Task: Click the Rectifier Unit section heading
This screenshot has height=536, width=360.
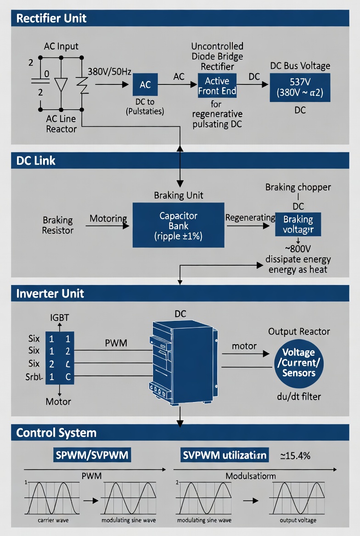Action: pyautogui.click(x=51, y=19)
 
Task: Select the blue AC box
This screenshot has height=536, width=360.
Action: pyautogui.click(x=145, y=85)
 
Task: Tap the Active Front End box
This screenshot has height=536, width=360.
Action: pyautogui.click(x=217, y=86)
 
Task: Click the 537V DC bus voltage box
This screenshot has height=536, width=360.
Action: pyautogui.click(x=300, y=86)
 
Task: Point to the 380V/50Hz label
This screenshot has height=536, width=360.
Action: pyautogui.click(x=109, y=72)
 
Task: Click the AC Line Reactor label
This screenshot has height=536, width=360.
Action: pyautogui.click(x=61, y=124)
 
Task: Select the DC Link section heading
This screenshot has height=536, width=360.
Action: pyautogui.click(x=36, y=161)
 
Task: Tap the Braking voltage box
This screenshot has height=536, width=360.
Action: pyautogui.click(x=298, y=224)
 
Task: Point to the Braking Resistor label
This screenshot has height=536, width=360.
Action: pyautogui.click(x=57, y=225)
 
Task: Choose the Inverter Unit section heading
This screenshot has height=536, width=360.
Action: pyautogui.click(x=50, y=293)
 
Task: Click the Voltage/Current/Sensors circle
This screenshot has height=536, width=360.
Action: pyautogui.click(x=299, y=363)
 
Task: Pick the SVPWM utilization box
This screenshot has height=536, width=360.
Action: pyautogui.click(x=225, y=455)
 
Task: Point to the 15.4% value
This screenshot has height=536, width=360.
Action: pyautogui.click(x=295, y=456)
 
